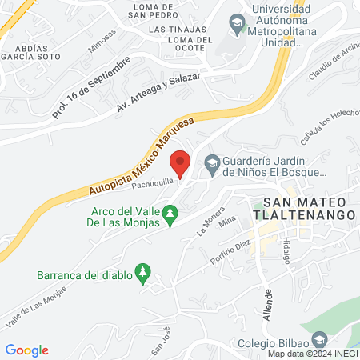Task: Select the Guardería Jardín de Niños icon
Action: (212, 165)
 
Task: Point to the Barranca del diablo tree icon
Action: (143, 273)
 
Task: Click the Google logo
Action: (26, 350)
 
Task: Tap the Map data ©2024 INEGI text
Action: (312, 354)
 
